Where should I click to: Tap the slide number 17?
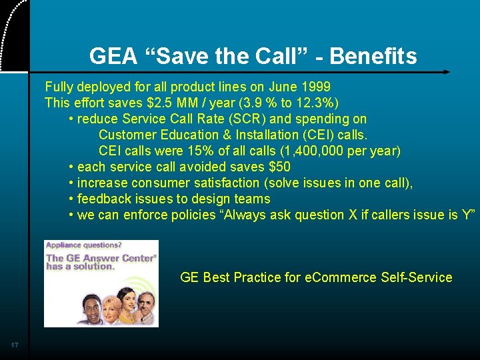pyautogui.click(x=15, y=345)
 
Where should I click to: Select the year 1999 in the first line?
pyautogui.click(x=315, y=87)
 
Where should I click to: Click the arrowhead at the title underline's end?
pyautogui.click(x=447, y=71)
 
